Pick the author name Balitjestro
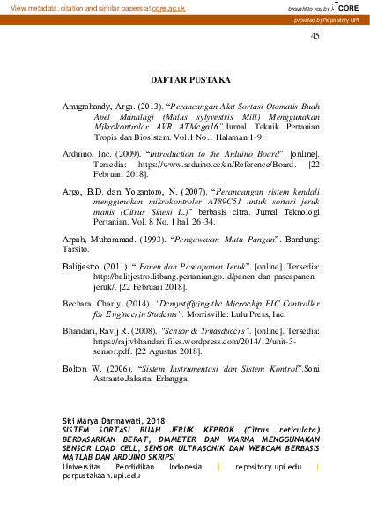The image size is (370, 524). click(x=85, y=264)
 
